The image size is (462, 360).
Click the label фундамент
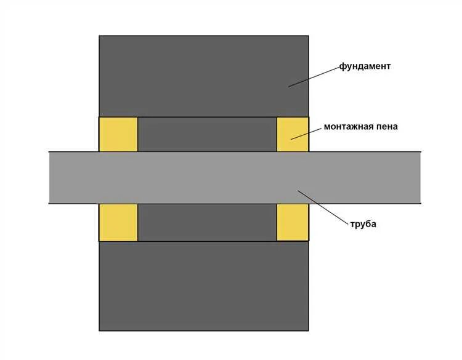click(365, 66)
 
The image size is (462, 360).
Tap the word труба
click(362, 224)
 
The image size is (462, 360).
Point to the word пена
click(386, 127)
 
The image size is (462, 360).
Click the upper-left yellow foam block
click(118, 134)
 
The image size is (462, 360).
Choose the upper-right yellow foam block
click(292, 134)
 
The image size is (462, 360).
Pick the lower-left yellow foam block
click(118, 222)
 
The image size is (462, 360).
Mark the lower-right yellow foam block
click(292, 222)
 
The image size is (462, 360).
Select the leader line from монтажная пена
click(307, 134)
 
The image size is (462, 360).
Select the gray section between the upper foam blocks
click(206, 134)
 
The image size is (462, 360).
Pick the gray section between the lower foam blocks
click(206, 222)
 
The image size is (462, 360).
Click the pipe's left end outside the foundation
click(73, 177)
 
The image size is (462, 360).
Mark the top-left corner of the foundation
click(100, 36)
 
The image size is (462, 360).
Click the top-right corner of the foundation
click(308, 36)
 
